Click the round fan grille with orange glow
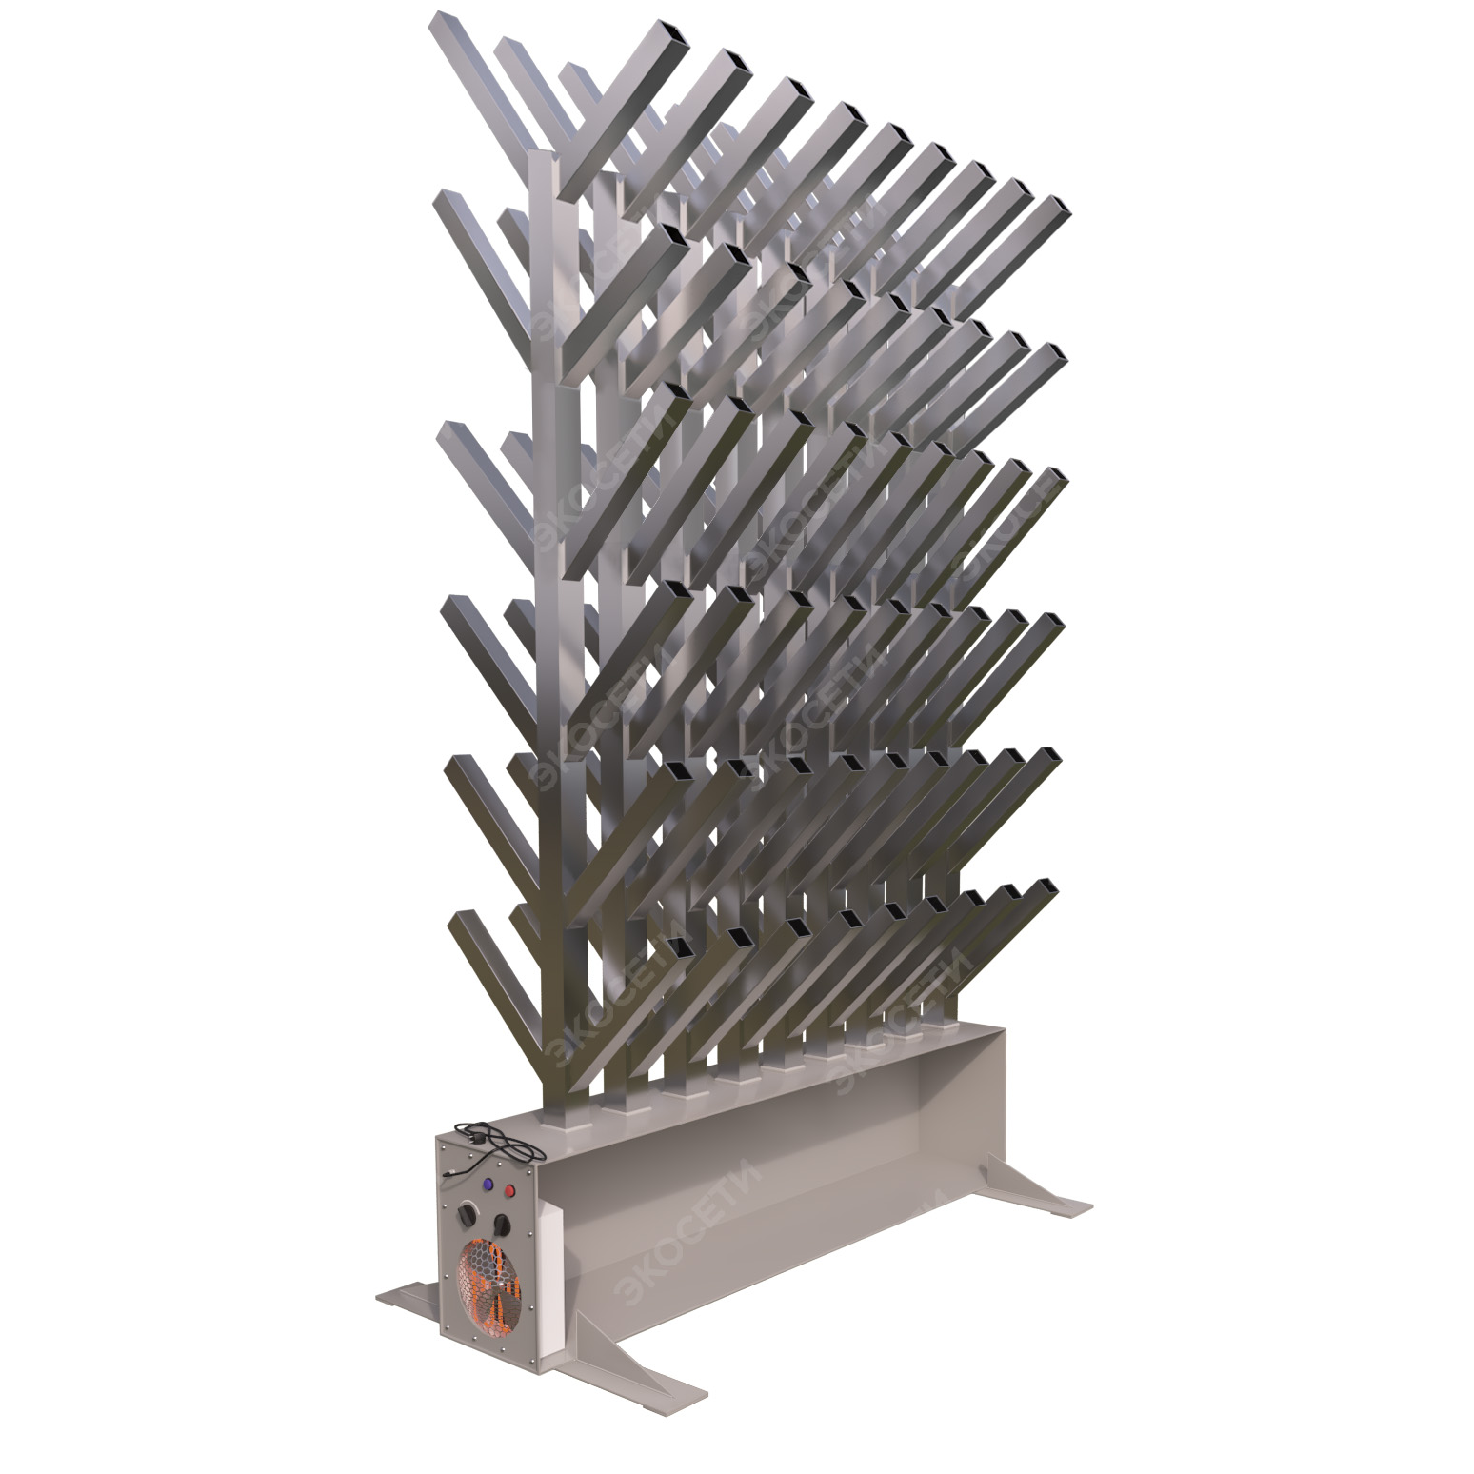tap(488, 1285)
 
